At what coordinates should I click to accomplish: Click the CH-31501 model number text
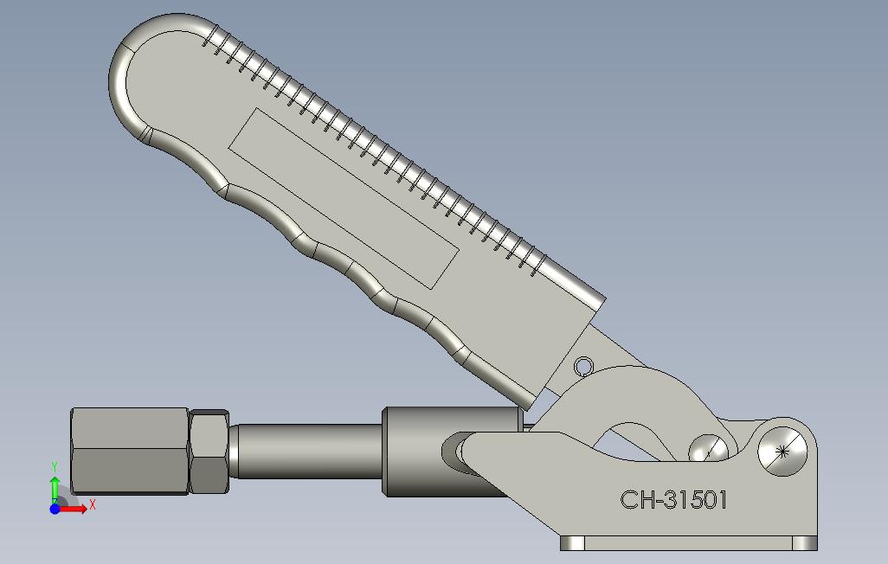(x=673, y=500)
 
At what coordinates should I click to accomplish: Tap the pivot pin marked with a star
(x=783, y=450)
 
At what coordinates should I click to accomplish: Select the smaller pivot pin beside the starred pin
(x=708, y=450)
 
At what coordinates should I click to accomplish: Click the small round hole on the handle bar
(x=582, y=367)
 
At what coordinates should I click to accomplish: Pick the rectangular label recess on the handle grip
(x=343, y=198)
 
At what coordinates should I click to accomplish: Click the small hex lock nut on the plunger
(x=209, y=451)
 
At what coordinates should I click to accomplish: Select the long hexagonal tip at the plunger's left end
(x=130, y=451)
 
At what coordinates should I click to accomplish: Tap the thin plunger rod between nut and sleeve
(x=307, y=451)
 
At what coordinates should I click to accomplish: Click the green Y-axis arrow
(x=55, y=490)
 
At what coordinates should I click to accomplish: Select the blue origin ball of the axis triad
(x=55, y=509)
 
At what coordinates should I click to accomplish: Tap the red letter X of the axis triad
(x=92, y=504)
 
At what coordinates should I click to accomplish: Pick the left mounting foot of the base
(x=572, y=543)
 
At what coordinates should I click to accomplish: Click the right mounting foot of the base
(x=805, y=543)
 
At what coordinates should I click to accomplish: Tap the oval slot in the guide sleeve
(x=453, y=451)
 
